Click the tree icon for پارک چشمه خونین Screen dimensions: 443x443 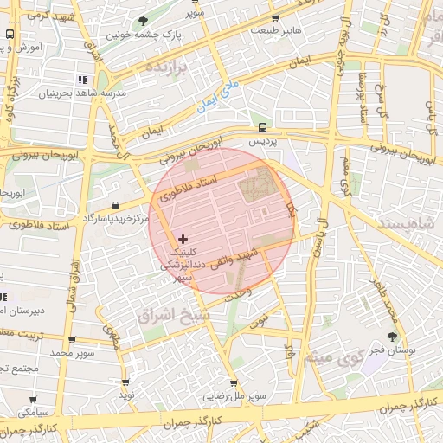click(144, 21)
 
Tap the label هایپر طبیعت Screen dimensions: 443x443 click(275, 30)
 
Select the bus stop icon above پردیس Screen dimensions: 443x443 click(262, 125)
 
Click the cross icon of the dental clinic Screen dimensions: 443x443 click(182, 238)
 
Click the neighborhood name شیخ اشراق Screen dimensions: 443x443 click(173, 317)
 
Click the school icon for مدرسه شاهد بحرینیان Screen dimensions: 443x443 click(83, 79)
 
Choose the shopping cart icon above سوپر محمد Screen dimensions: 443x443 click(71, 340)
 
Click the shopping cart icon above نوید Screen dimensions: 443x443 click(126, 382)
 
